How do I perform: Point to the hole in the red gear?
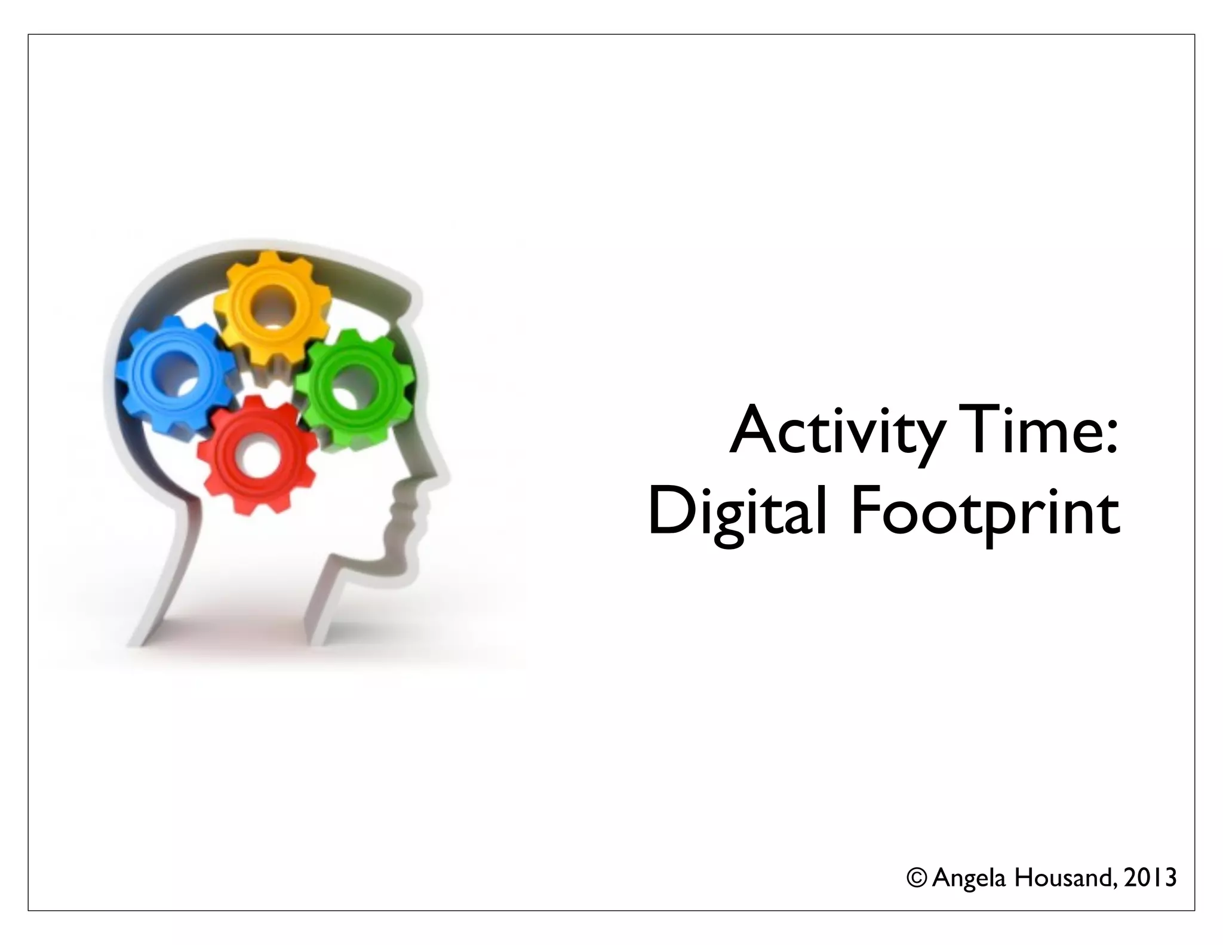click(x=258, y=460)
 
